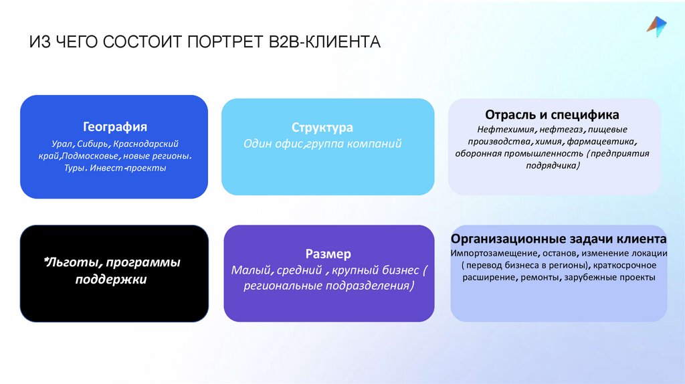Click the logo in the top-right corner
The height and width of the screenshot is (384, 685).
pos(656,25)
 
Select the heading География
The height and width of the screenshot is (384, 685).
pos(115,126)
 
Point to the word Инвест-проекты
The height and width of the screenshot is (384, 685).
pos(137,168)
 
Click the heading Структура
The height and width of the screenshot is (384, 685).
pos(322,127)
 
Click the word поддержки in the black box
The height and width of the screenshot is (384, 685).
pos(110,279)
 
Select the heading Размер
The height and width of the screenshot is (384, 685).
pos(328,254)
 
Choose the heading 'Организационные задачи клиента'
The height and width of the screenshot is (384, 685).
pos(559,239)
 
